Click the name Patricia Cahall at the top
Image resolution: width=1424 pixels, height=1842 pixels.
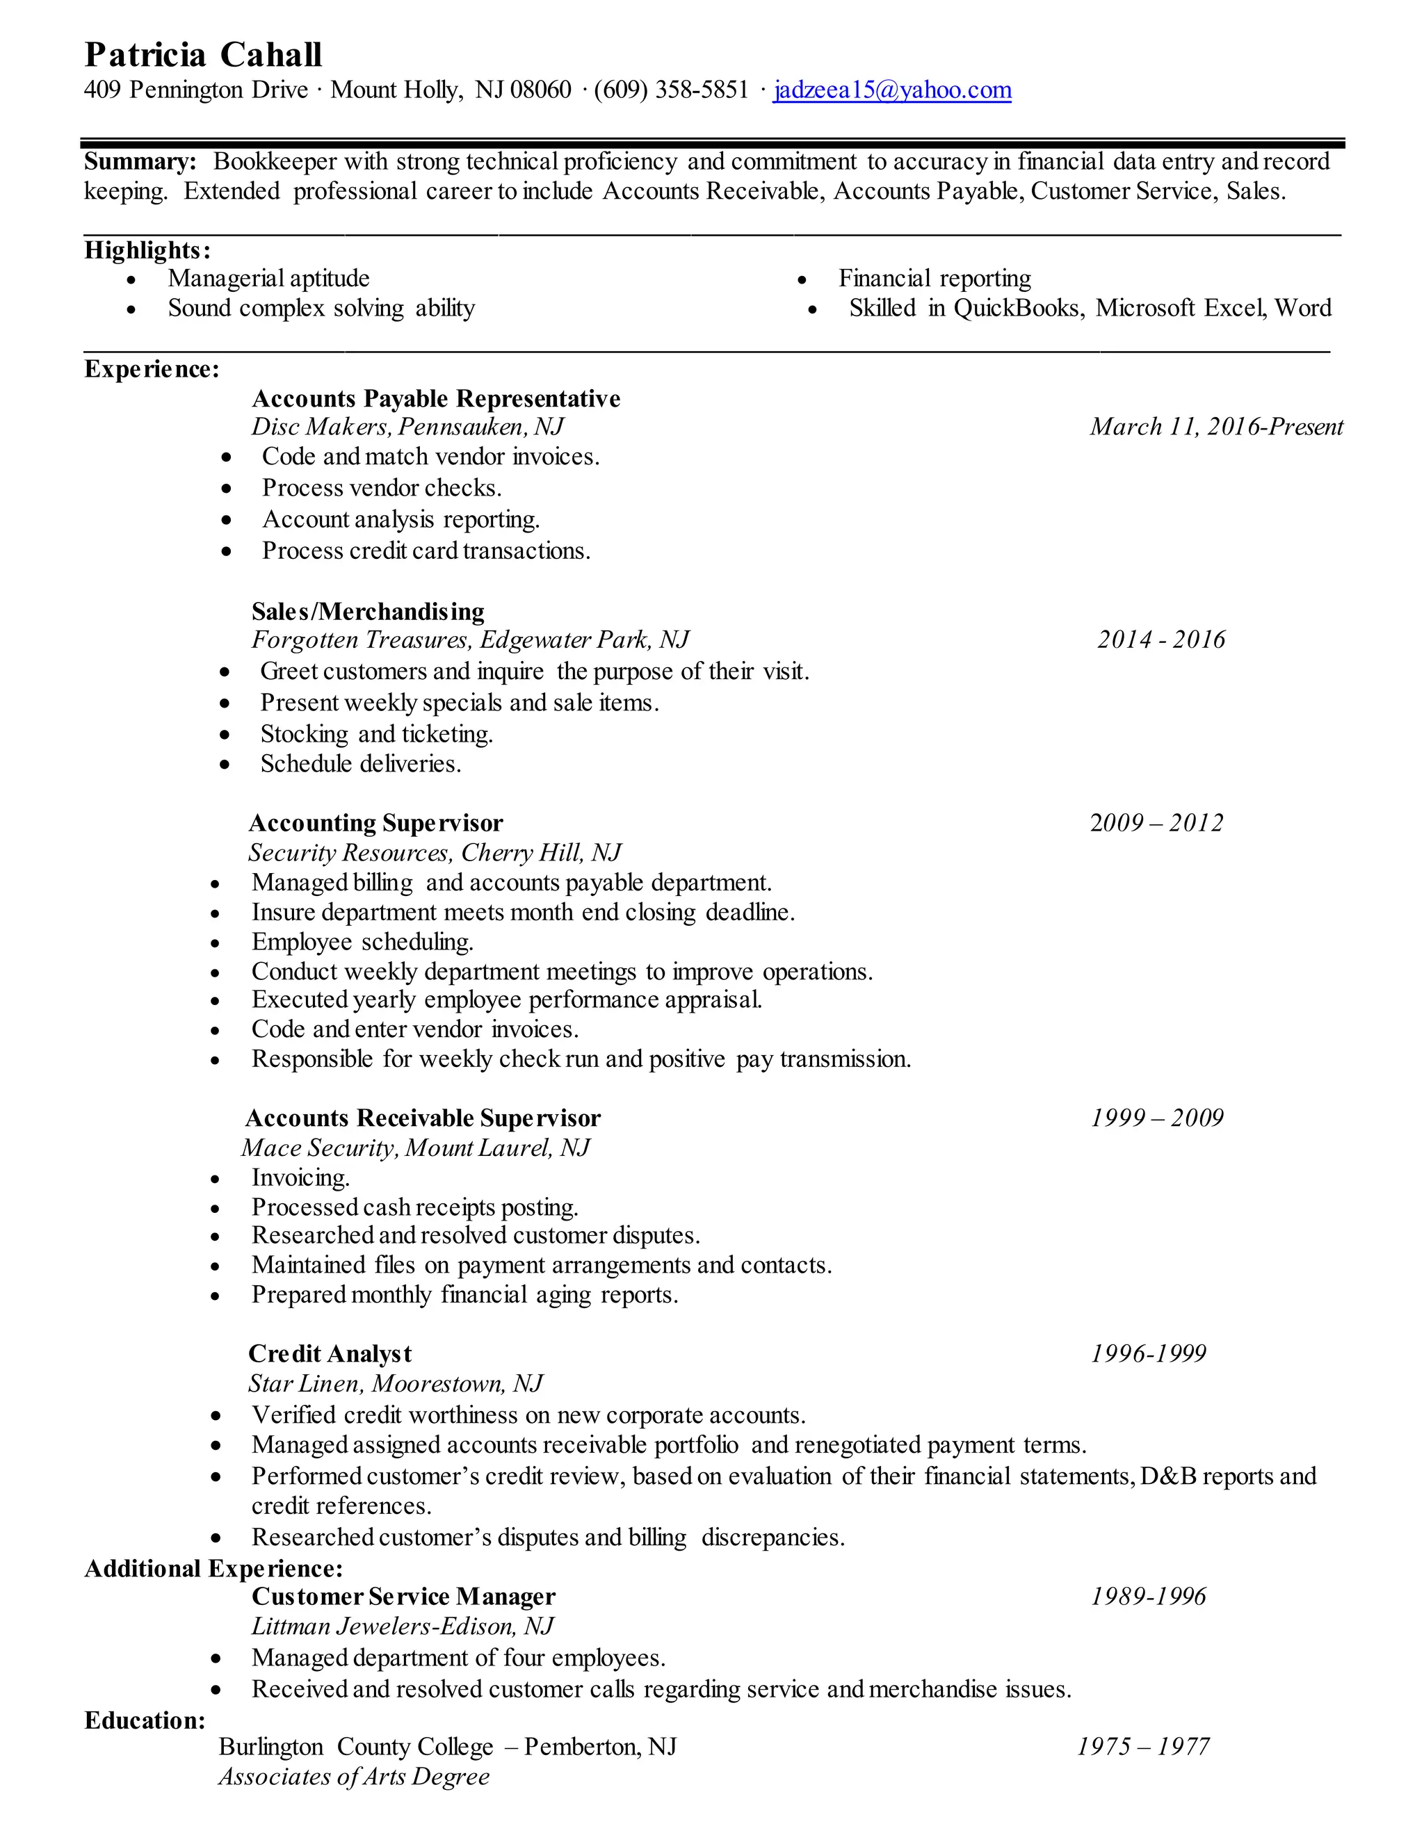tap(202, 55)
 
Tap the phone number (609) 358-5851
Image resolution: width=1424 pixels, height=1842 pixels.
tap(671, 90)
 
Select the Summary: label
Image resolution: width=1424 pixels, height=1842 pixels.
tap(140, 161)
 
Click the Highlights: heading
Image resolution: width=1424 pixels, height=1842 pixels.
tap(147, 250)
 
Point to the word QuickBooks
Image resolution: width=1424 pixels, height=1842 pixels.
tap(1017, 308)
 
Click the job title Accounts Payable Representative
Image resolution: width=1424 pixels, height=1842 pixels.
tap(435, 398)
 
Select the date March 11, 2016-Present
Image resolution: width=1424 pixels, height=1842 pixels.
tap(1215, 427)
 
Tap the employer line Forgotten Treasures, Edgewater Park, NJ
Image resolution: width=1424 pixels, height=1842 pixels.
tap(470, 640)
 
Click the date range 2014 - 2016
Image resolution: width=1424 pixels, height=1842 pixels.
tap(1160, 640)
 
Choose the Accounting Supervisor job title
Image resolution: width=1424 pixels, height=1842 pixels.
tap(375, 823)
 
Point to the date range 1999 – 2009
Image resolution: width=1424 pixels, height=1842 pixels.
tap(1156, 1118)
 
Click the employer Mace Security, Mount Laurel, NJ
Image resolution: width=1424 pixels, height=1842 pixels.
tap(415, 1148)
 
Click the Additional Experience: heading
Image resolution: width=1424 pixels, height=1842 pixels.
tap(213, 1569)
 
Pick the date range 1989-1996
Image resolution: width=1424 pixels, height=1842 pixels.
tap(1148, 1597)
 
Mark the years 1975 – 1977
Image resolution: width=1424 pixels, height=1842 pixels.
tap(1143, 1747)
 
